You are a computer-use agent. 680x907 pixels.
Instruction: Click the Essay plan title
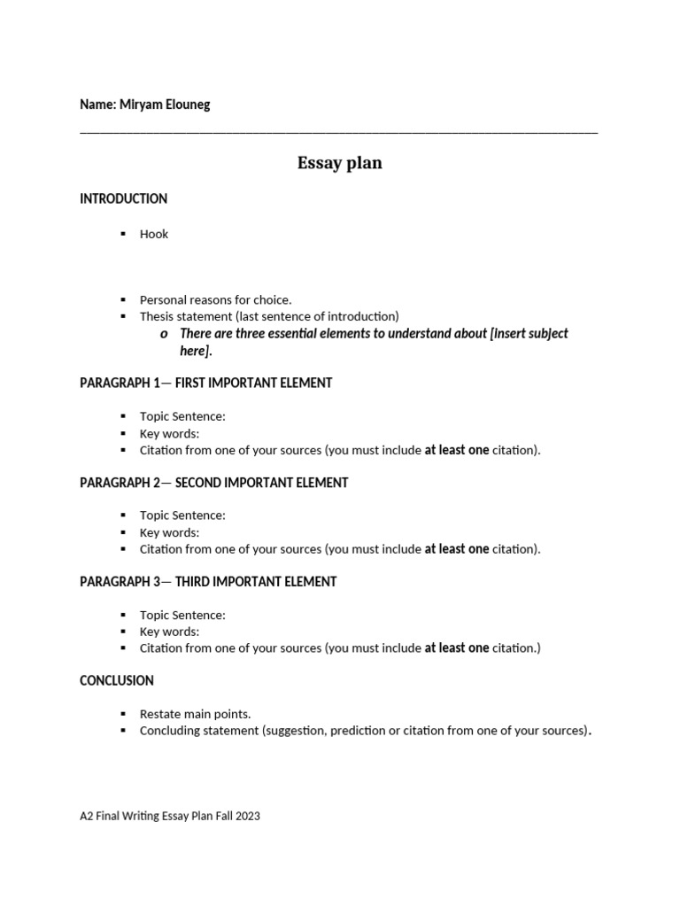point(339,163)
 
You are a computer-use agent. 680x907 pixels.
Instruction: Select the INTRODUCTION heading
point(123,198)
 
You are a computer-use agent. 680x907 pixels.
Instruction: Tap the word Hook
point(154,234)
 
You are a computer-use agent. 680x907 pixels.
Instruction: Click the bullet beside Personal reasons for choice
point(123,300)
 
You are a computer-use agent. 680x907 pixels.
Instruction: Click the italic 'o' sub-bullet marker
point(164,334)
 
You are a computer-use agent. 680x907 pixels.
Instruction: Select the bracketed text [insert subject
point(529,333)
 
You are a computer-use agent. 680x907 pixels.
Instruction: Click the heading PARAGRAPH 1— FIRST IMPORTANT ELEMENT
point(205,383)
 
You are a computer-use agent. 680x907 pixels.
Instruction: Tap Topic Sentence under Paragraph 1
point(182,416)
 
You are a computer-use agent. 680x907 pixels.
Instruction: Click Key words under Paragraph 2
point(169,532)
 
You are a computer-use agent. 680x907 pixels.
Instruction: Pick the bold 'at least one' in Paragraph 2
point(456,549)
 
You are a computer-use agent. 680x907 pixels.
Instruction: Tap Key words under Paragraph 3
point(169,632)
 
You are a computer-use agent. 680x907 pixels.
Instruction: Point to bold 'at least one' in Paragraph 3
point(456,648)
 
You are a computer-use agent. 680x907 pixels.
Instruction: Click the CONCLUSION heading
point(117,680)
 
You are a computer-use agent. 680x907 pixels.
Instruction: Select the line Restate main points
point(195,714)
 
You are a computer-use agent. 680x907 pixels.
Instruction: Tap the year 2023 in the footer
point(248,816)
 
